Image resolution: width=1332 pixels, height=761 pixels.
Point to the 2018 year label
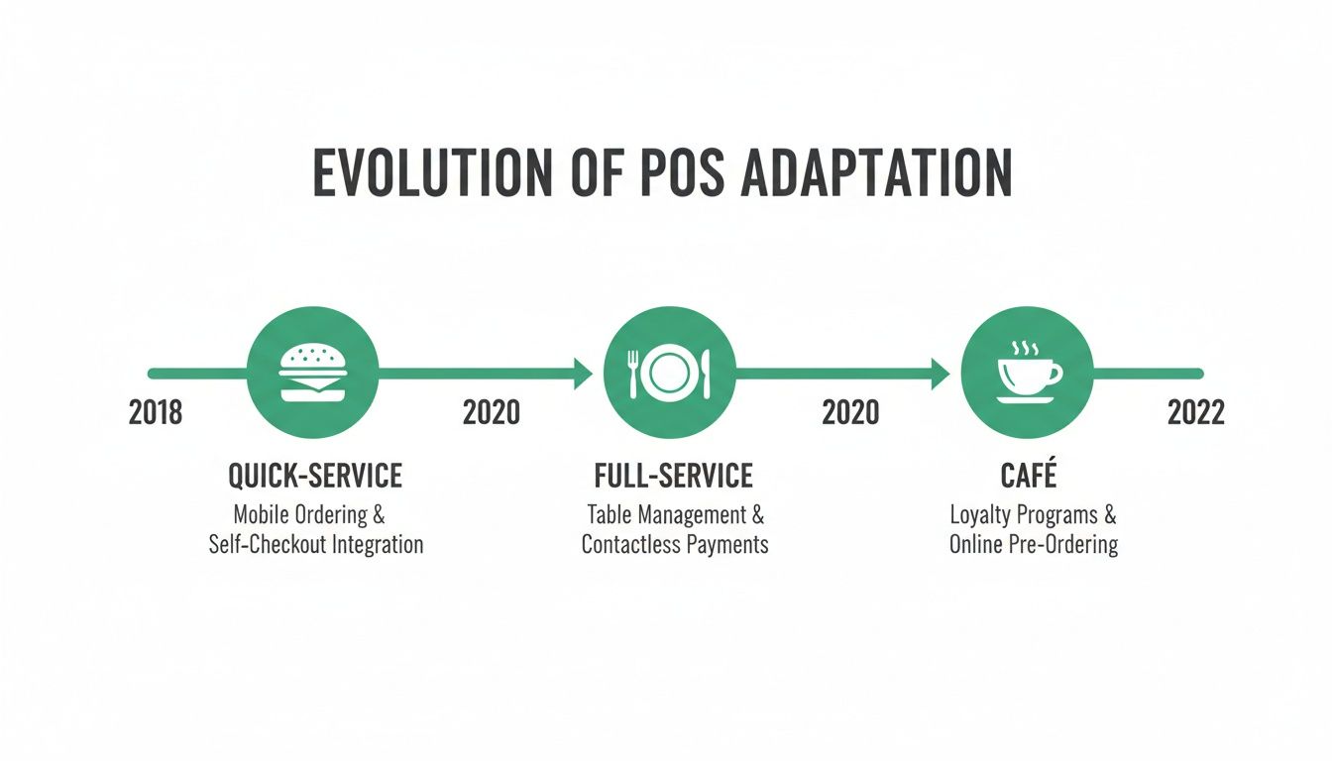point(156,412)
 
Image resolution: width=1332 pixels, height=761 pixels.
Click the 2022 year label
point(1196,412)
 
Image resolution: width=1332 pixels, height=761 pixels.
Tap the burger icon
point(312,373)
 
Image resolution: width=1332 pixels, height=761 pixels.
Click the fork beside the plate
point(632,373)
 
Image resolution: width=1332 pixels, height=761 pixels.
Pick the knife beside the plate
point(706,373)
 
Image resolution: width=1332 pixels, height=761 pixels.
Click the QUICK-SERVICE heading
point(315,477)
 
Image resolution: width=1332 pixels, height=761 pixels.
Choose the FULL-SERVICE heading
point(673,477)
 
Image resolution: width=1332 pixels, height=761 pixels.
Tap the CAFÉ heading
point(1030,477)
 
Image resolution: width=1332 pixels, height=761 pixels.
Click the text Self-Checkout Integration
point(316,545)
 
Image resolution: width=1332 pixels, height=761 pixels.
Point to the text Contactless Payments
point(675,545)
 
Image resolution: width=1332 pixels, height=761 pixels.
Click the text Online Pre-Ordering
point(1034,545)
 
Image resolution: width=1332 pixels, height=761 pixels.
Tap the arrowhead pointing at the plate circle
point(584,374)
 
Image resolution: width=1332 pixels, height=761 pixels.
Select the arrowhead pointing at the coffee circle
point(941,374)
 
